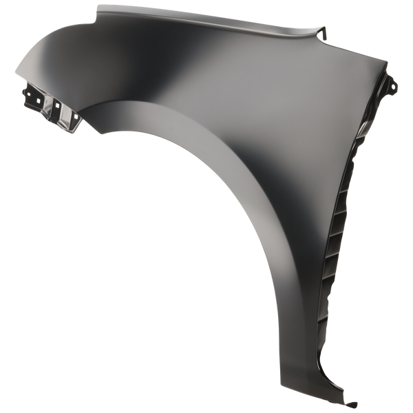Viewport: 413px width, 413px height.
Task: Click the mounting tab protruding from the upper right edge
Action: (x=394, y=87)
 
